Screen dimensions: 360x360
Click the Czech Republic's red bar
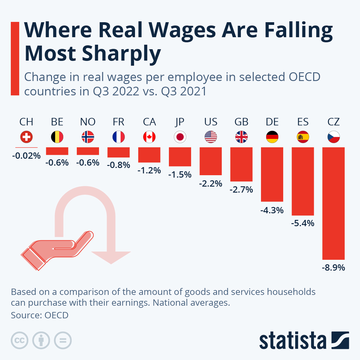[x=333, y=203]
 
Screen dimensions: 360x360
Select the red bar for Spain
[x=303, y=181]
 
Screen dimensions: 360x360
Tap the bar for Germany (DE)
[x=272, y=174]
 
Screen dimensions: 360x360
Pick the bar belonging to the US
[x=211, y=161]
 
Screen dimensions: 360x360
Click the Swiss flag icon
[x=26, y=137]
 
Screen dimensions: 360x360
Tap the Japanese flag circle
[x=180, y=137]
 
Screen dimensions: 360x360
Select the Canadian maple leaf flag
[x=149, y=137]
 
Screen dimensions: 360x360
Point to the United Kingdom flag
[x=241, y=137]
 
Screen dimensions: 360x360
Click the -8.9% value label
[x=333, y=267]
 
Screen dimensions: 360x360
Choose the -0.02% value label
[x=26, y=156]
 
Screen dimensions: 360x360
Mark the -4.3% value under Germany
[x=272, y=210]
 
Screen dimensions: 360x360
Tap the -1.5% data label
[x=180, y=175]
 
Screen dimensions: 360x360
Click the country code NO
[x=88, y=122]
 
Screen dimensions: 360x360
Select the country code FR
[x=118, y=122]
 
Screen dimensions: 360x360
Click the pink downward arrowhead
[x=111, y=257]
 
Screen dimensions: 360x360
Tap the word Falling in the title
[x=298, y=31]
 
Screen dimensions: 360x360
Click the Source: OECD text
[x=40, y=315]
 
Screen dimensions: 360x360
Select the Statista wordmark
[x=292, y=341]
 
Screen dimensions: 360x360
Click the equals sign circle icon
[x=63, y=340]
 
